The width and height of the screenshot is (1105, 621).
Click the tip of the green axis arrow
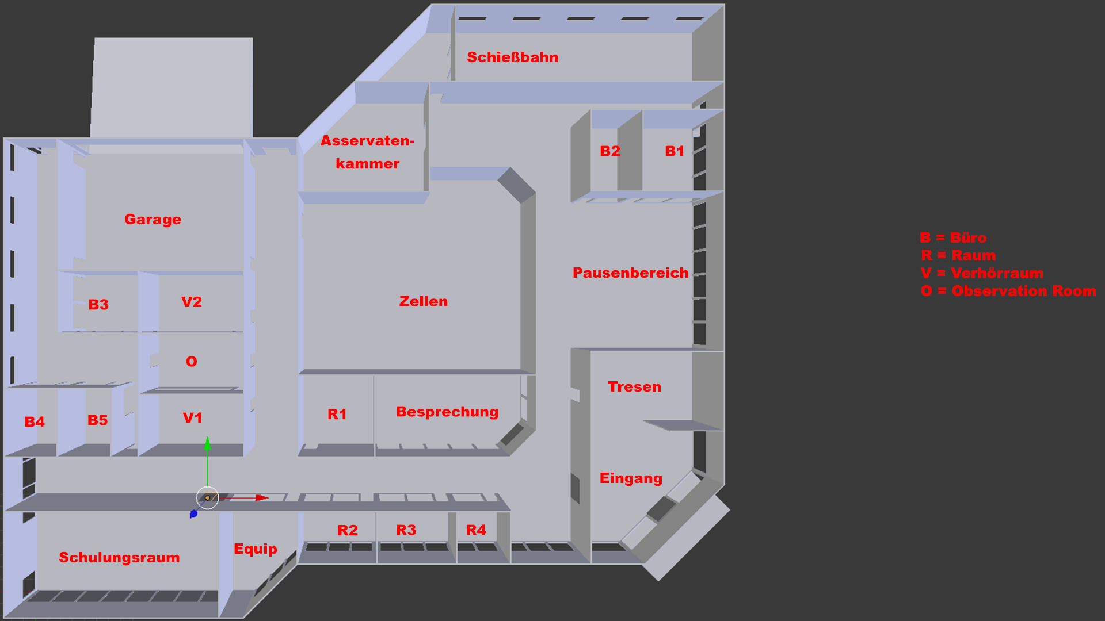tap(207, 438)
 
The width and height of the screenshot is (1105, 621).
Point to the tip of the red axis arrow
tap(268, 497)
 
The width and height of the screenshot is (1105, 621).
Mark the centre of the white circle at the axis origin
tap(207, 498)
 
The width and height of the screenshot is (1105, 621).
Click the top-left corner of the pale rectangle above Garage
tap(95, 39)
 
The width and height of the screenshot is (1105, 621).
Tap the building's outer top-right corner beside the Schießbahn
tap(724, 5)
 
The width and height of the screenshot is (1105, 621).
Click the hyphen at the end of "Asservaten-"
tap(411, 141)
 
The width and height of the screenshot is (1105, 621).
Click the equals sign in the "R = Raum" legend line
tap(942, 255)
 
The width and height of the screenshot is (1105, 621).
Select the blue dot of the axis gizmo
tap(193, 513)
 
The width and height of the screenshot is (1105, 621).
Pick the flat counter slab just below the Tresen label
tap(683, 425)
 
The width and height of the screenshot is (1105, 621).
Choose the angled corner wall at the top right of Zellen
tap(516, 185)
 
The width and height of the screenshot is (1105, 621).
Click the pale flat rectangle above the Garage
tap(172, 88)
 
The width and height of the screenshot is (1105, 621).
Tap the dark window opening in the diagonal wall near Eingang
tap(661, 509)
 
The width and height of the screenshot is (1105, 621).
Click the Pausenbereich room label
tap(631, 273)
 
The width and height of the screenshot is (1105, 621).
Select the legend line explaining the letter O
tap(1008, 291)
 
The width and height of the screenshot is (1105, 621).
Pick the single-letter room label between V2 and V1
tap(192, 362)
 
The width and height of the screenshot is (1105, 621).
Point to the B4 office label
tap(35, 422)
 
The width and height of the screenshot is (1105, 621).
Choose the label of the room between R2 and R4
tap(406, 530)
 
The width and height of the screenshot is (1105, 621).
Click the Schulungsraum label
tap(119, 558)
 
